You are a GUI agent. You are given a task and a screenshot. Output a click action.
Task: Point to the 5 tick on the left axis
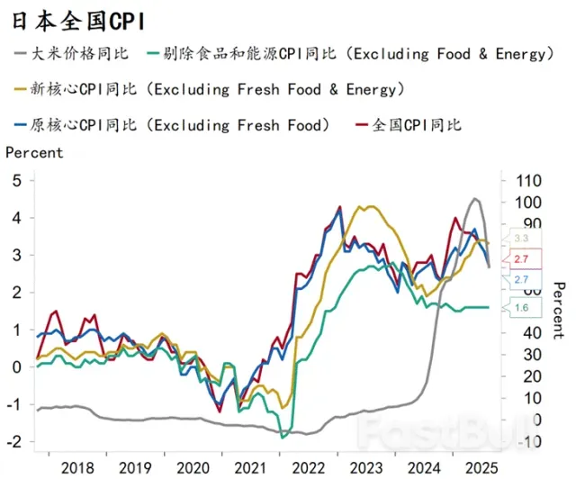pyautogui.click(x=16, y=181)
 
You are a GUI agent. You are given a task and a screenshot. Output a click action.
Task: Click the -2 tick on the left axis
pyautogui.click(x=13, y=441)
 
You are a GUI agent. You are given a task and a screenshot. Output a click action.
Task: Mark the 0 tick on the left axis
pyautogui.click(x=16, y=366)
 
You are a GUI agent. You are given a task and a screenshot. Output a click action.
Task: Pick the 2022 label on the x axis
pyautogui.click(x=308, y=468)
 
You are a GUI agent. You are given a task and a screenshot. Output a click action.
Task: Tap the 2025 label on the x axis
pyautogui.click(x=477, y=468)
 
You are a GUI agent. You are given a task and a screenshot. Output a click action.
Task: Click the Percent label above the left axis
pyautogui.click(x=34, y=152)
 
